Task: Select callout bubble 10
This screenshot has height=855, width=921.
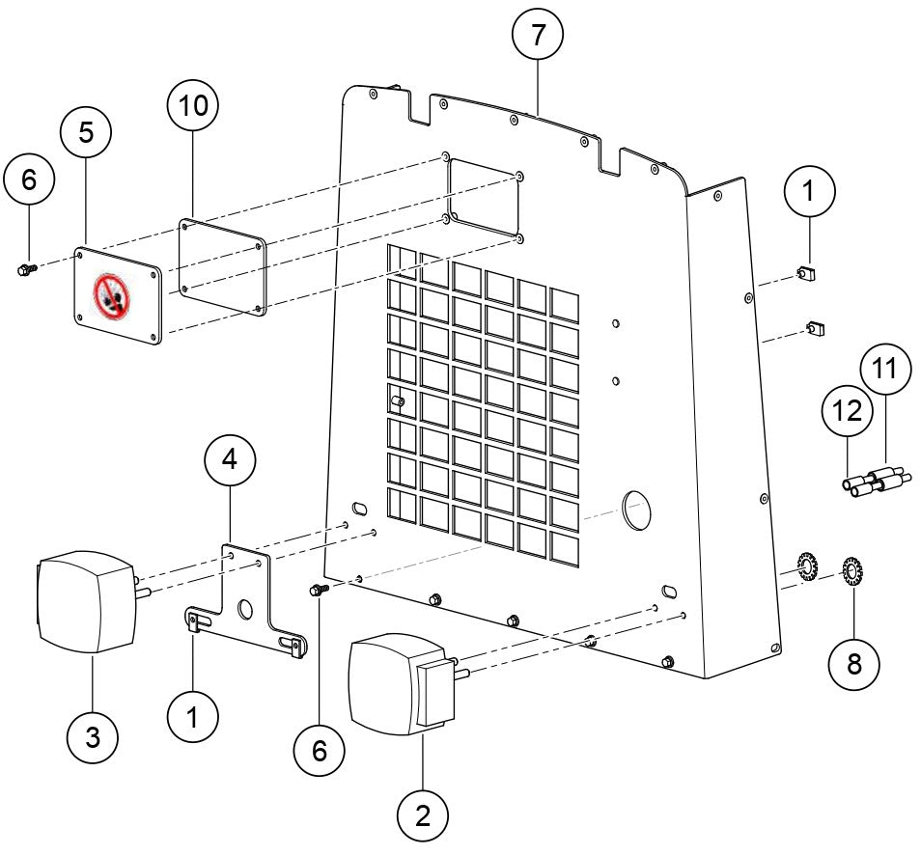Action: click(193, 106)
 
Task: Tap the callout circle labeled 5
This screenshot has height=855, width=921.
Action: click(87, 133)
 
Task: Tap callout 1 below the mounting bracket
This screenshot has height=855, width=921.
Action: click(192, 718)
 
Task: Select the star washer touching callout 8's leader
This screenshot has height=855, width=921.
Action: click(851, 571)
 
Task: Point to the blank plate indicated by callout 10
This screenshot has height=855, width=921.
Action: click(223, 264)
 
